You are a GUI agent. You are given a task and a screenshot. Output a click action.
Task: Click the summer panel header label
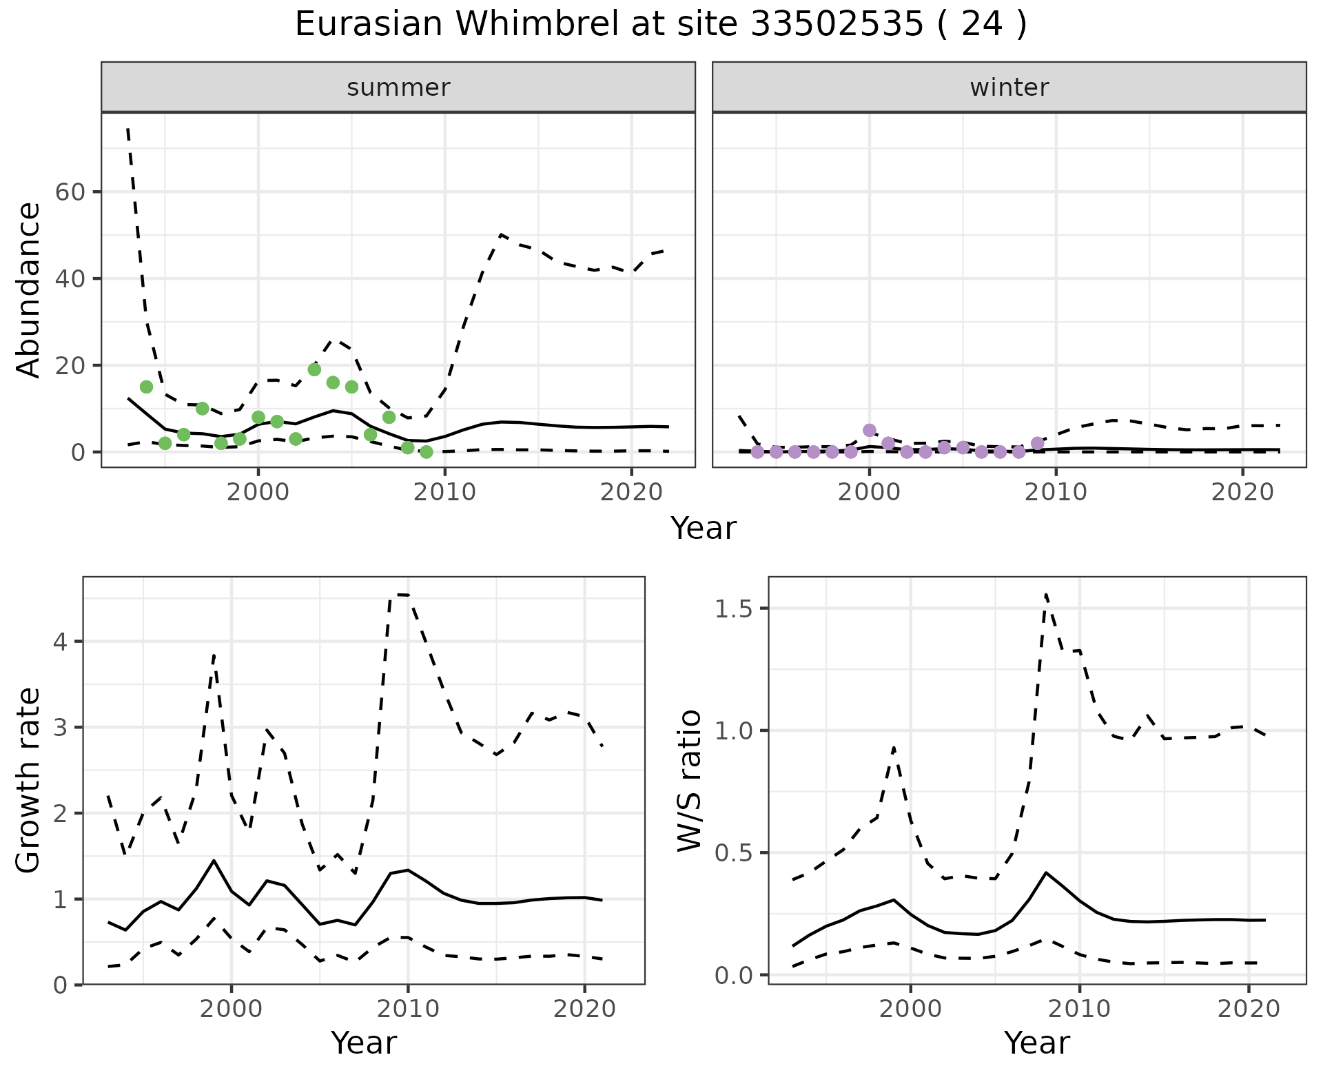[x=398, y=88]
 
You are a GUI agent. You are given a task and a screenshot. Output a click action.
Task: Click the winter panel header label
[x=1009, y=88]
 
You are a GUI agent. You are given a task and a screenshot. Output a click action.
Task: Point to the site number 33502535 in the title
[x=837, y=25]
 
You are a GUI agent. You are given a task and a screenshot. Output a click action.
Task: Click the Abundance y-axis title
[x=28, y=290]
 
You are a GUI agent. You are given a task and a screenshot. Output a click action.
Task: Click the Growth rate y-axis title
[x=28, y=780]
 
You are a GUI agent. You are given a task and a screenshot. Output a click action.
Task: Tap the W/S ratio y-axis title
[x=689, y=780]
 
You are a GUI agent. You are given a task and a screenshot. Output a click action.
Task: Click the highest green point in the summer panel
[x=314, y=369]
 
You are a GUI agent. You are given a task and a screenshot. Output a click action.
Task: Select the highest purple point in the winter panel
[x=870, y=430]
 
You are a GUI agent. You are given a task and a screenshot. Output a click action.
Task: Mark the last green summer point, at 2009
[x=426, y=452]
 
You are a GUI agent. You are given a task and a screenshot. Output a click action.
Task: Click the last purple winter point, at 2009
[x=1038, y=443]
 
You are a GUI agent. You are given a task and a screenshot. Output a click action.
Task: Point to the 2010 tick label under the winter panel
[x=1056, y=492]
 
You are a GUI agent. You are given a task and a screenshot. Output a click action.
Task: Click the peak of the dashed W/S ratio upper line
[x=1046, y=593]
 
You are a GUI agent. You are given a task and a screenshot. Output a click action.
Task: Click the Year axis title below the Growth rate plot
[x=364, y=1043]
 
